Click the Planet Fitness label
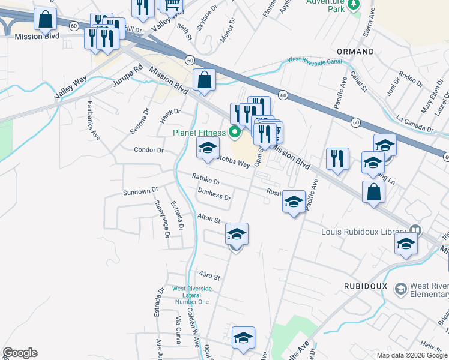tap(199, 133)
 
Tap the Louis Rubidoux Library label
tap(364, 231)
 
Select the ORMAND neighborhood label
tap(355, 52)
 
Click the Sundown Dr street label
tap(140, 191)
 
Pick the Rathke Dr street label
tap(206, 178)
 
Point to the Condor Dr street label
tap(149, 150)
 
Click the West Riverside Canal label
tap(315, 60)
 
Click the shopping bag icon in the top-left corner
tap(45, 20)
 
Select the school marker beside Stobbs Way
tap(208, 148)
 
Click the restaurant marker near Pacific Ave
tap(337, 159)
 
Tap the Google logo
tap(20, 353)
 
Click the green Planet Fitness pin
tap(235, 132)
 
